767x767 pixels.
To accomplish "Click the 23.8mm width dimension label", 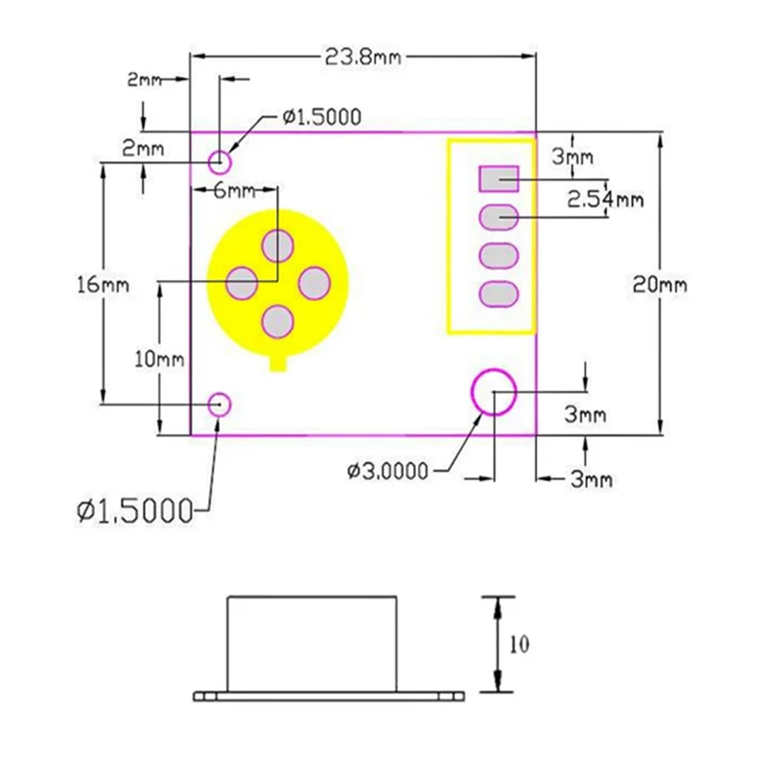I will pyautogui.click(x=362, y=58).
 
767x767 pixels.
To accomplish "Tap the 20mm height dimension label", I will pyautogui.click(x=660, y=285).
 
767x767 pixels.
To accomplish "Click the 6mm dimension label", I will pyautogui.click(x=233, y=190).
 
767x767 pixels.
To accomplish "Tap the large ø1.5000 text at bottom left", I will pyautogui.click(x=135, y=511).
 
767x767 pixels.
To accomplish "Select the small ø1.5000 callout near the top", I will pyautogui.click(x=320, y=117).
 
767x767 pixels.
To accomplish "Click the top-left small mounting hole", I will pyautogui.click(x=221, y=160).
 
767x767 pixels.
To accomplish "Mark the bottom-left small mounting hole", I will pyautogui.click(x=221, y=404).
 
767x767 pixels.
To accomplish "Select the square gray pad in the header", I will pyautogui.click(x=499, y=178).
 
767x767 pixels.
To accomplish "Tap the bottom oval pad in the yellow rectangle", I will pyautogui.click(x=499, y=294).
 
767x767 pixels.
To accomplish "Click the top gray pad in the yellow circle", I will pyautogui.click(x=278, y=245).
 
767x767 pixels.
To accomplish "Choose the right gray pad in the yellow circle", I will pyautogui.click(x=314, y=283).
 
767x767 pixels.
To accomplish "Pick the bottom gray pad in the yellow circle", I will pyautogui.click(x=278, y=320).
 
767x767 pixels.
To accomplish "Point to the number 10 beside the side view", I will pyautogui.click(x=520, y=644).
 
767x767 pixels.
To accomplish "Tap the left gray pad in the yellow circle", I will pyautogui.click(x=242, y=283).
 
